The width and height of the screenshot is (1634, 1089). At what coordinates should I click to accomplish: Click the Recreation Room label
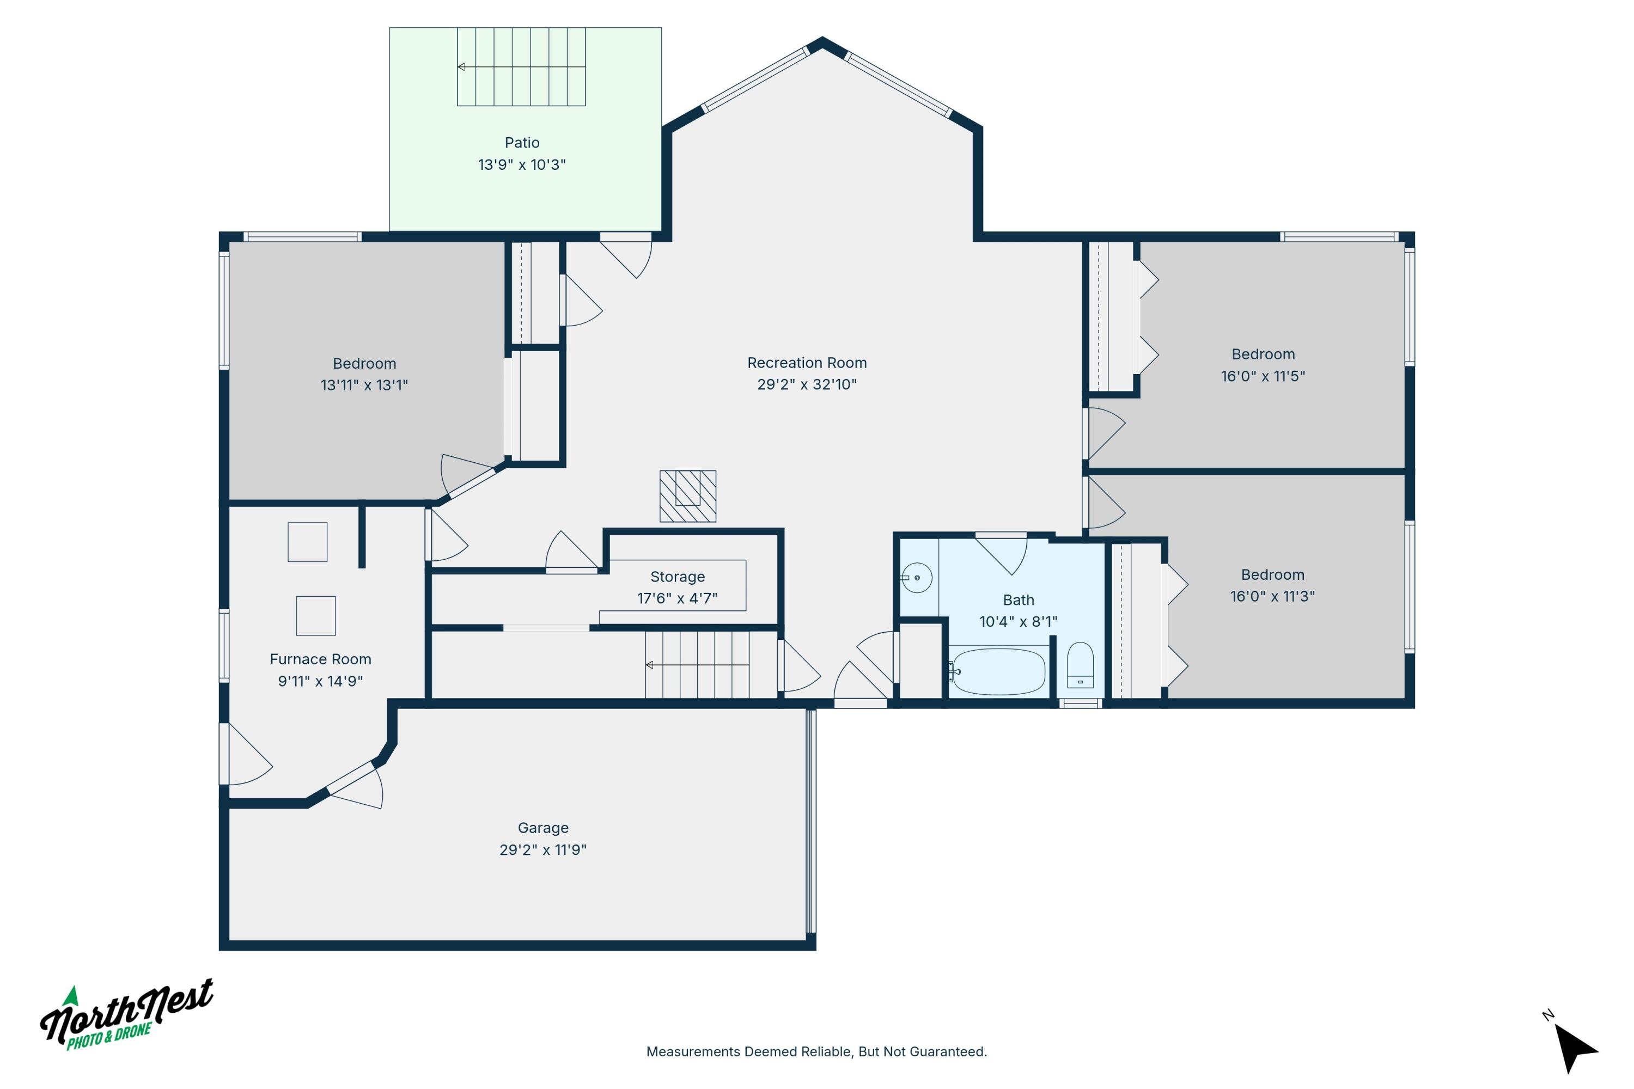click(807, 363)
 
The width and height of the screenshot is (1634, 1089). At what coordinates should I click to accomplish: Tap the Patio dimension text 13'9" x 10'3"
click(522, 164)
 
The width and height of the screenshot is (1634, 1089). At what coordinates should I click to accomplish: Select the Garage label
click(542, 827)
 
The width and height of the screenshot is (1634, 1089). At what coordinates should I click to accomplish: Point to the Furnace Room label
click(320, 659)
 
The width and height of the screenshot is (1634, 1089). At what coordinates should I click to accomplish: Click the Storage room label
click(678, 577)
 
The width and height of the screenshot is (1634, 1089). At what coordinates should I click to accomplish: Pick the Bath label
click(1019, 599)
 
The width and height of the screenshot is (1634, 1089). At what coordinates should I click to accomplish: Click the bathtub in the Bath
click(999, 671)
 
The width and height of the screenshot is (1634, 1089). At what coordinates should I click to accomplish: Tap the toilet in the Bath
click(1080, 665)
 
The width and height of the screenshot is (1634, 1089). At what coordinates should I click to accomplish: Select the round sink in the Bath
click(917, 577)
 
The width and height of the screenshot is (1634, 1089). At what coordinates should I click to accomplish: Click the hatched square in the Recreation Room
click(688, 496)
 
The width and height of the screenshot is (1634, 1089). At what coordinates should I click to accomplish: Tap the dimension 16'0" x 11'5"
click(1263, 376)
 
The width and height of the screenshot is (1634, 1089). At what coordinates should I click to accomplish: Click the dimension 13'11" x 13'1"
click(364, 385)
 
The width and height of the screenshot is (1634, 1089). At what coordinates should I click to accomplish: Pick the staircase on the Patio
click(521, 66)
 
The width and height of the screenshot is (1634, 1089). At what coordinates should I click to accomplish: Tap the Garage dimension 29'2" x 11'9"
click(542, 849)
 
